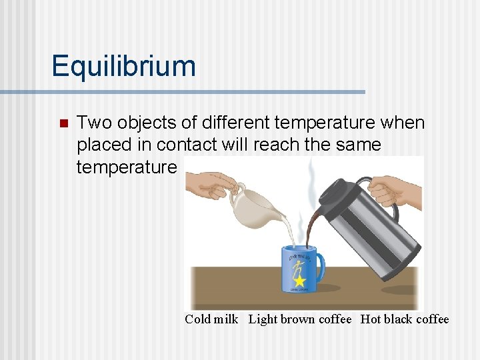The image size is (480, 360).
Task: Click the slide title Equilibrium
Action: [x=124, y=67]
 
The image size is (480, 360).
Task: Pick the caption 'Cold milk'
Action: [x=211, y=319]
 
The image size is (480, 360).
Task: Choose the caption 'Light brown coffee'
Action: [x=300, y=319]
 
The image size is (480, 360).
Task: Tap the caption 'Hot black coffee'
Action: [x=405, y=319]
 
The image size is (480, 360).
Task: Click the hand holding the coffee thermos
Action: [x=397, y=190]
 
